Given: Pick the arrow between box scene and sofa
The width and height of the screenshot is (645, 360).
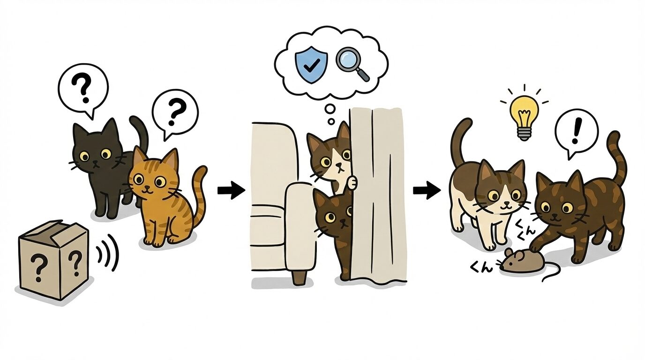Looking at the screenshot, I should tap(231, 190).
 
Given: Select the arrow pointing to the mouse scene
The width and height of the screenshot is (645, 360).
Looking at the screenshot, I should tap(426, 190).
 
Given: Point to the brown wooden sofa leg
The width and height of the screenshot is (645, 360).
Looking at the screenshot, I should tap(298, 277).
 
